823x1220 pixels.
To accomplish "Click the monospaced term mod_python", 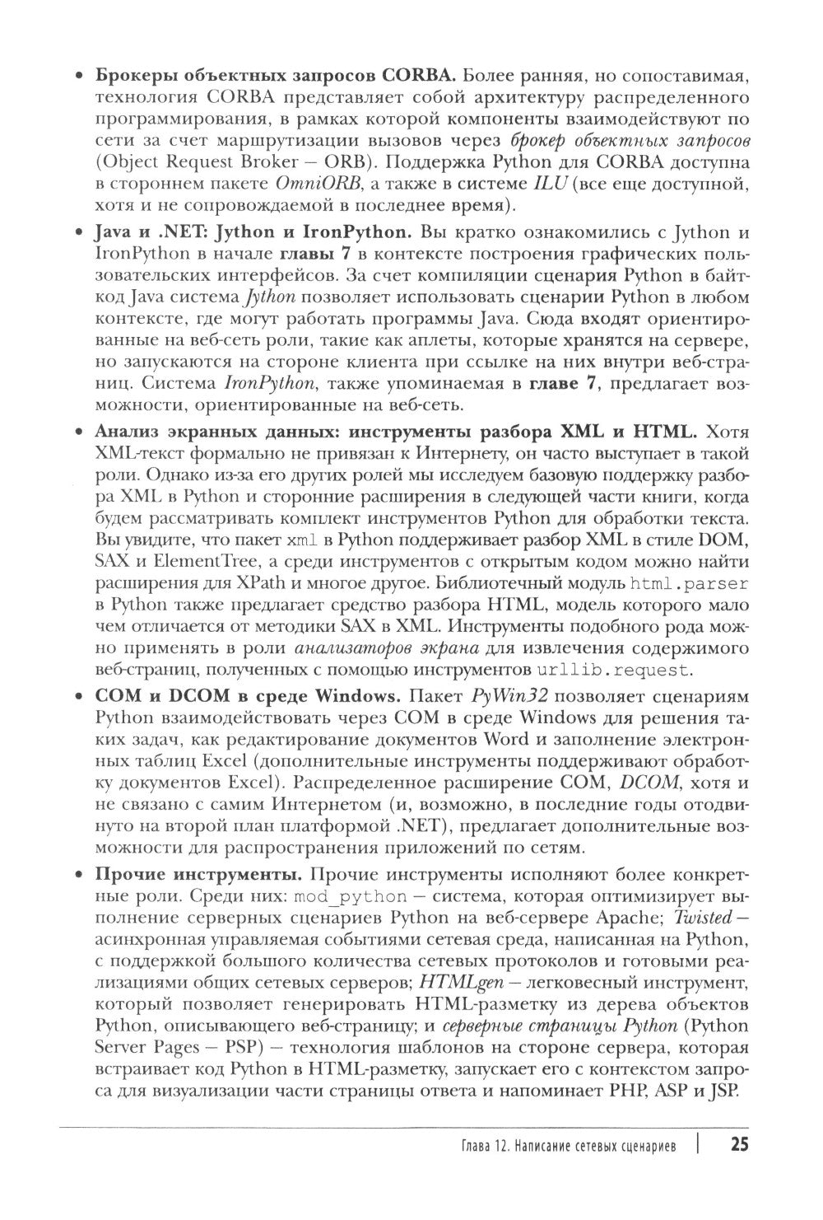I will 351,895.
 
